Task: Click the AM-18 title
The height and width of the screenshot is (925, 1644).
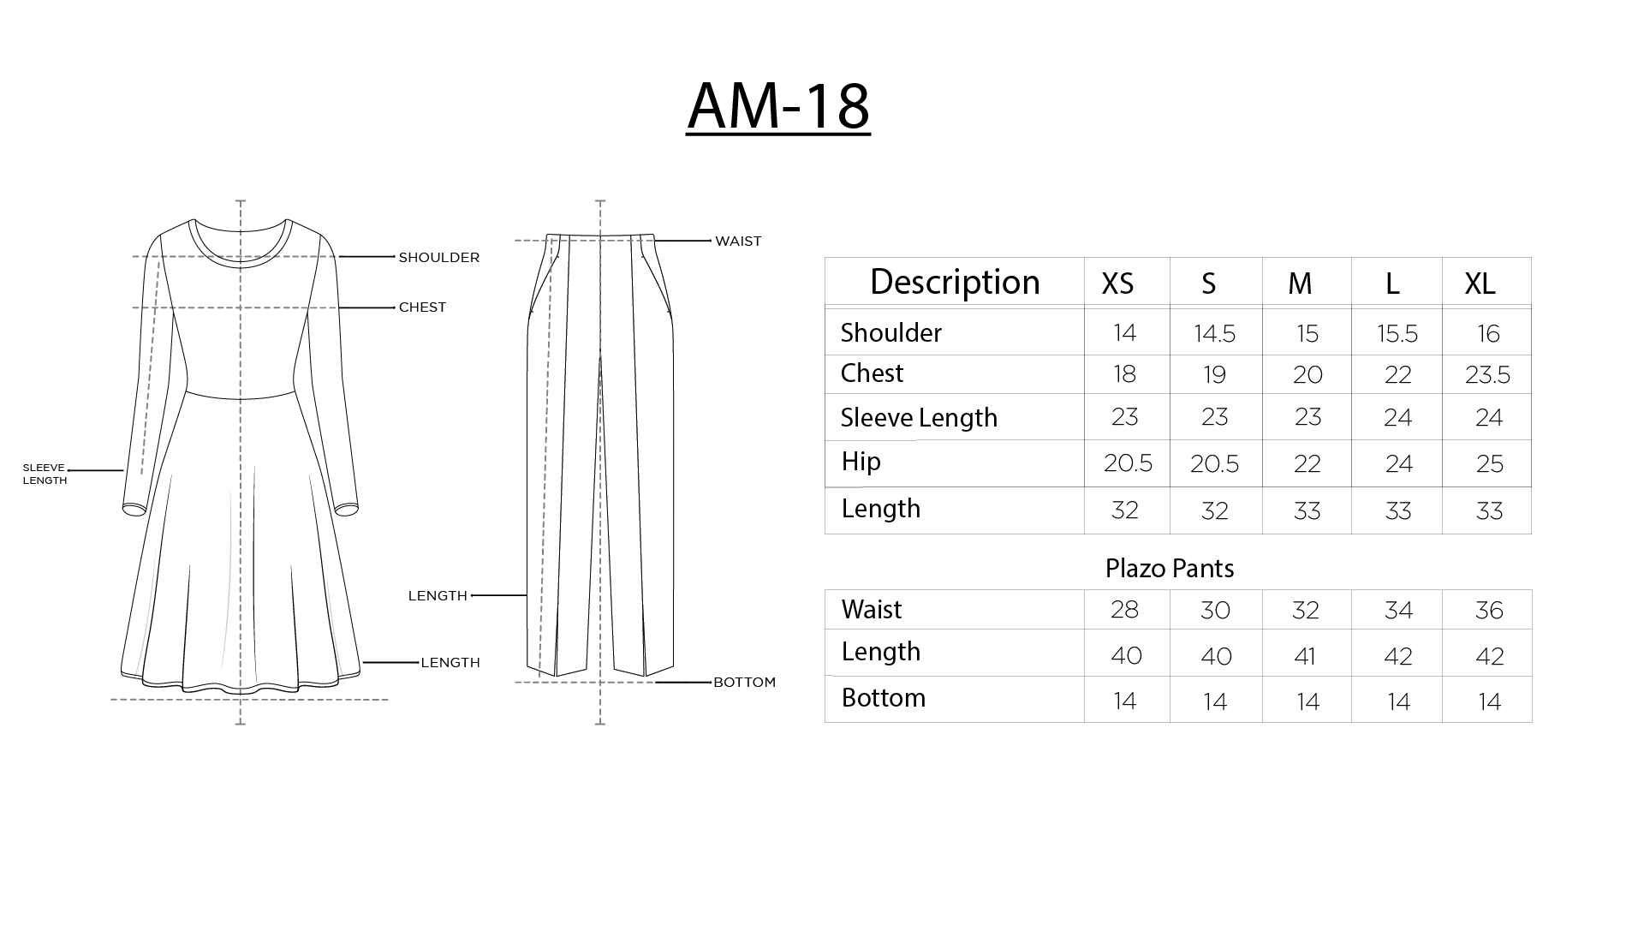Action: coord(778,106)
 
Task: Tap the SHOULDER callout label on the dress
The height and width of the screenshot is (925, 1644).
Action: coord(438,257)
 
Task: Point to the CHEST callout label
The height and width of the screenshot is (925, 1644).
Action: coord(422,307)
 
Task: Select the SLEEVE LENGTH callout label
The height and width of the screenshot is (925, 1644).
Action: coord(45,474)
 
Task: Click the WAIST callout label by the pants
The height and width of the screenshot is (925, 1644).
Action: coord(738,242)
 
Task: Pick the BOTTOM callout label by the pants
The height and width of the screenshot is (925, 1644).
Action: coord(744,683)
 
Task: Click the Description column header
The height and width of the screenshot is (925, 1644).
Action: coord(955,282)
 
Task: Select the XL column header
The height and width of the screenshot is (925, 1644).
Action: coord(1480,283)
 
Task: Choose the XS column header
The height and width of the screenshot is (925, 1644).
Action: coord(1117,283)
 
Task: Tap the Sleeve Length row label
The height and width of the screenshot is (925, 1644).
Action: coord(919,417)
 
